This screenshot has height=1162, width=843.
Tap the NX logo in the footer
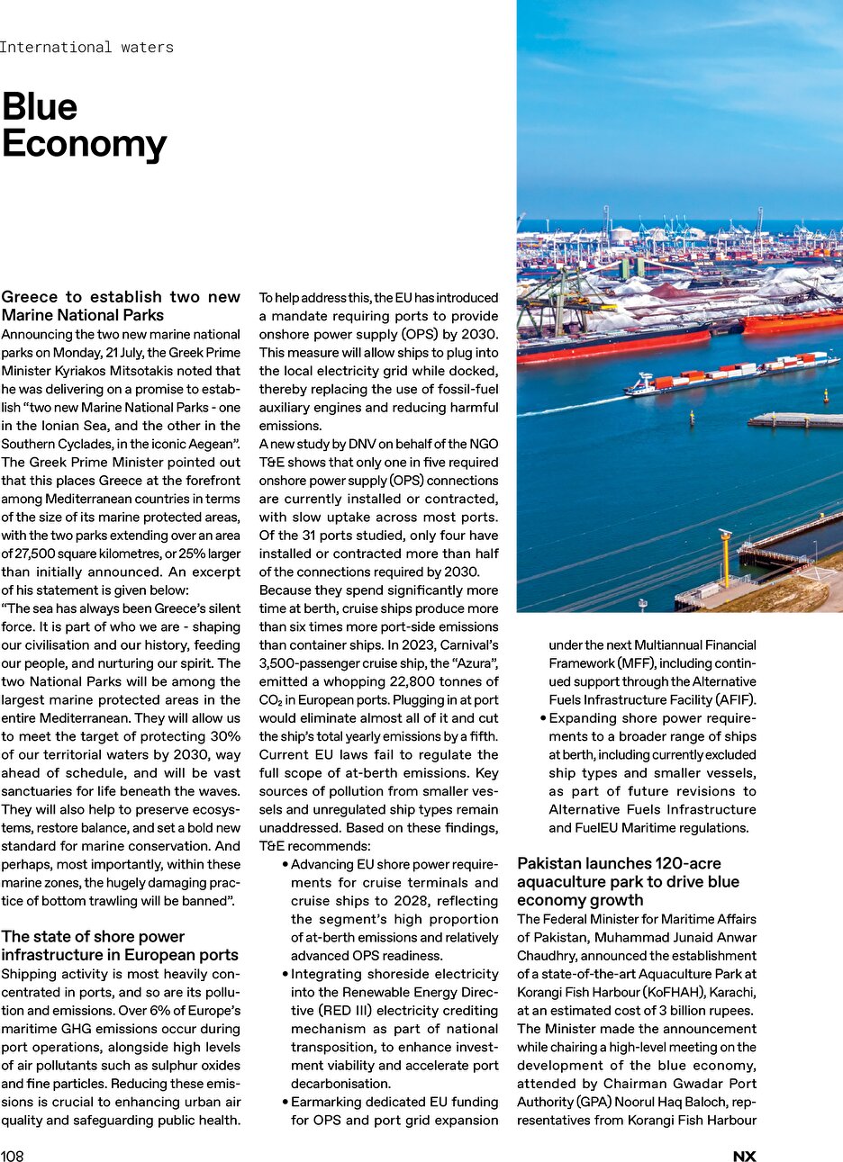coord(744,1157)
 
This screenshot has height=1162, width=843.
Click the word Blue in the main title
coord(40,107)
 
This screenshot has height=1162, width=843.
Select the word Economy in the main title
coord(85,144)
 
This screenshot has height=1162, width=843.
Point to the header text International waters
coord(86,47)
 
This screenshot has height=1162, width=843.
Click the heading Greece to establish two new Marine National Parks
coord(121,306)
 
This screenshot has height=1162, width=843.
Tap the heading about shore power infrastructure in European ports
coord(120,946)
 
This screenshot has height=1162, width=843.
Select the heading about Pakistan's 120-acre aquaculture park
coord(628,882)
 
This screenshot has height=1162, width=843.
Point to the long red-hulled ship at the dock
coord(612,345)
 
